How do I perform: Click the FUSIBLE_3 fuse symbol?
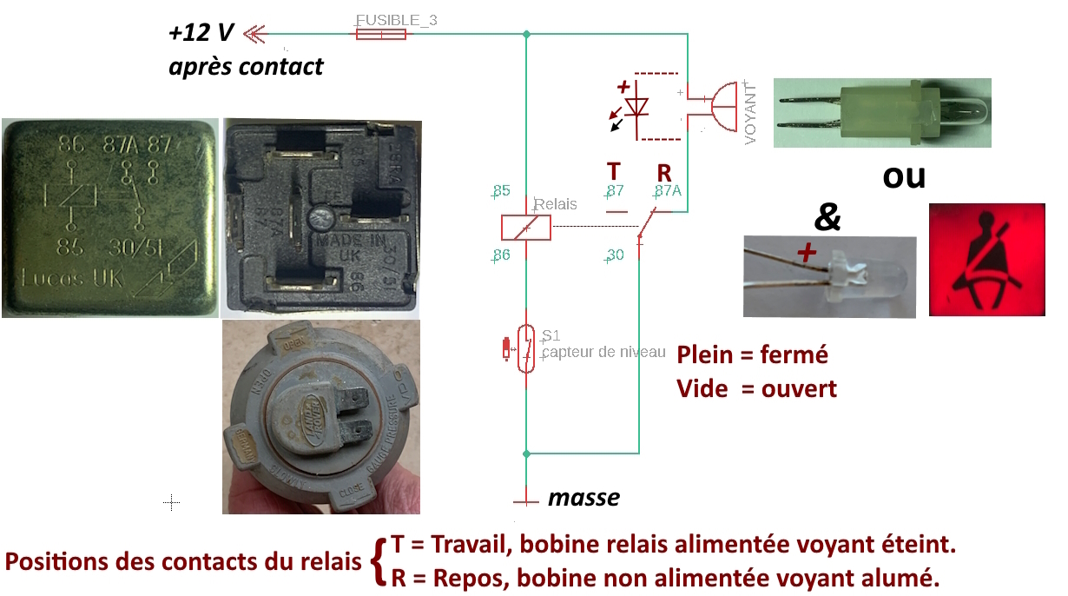(x=380, y=34)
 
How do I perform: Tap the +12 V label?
(x=201, y=34)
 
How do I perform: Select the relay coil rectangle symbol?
(x=525, y=227)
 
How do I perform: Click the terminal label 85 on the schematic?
(x=501, y=191)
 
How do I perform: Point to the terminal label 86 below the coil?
(x=501, y=255)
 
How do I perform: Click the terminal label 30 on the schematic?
(x=615, y=255)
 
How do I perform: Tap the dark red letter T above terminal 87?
(x=614, y=171)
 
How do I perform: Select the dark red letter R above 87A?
(x=664, y=171)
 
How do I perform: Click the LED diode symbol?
(x=638, y=107)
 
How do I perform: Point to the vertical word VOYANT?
(x=751, y=113)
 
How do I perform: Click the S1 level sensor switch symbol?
(x=525, y=349)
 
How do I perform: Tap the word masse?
(x=583, y=498)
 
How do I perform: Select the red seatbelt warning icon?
(x=986, y=260)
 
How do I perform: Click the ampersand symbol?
(x=827, y=216)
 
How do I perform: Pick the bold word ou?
(x=904, y=176)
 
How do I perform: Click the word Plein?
(x=706, y=354)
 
